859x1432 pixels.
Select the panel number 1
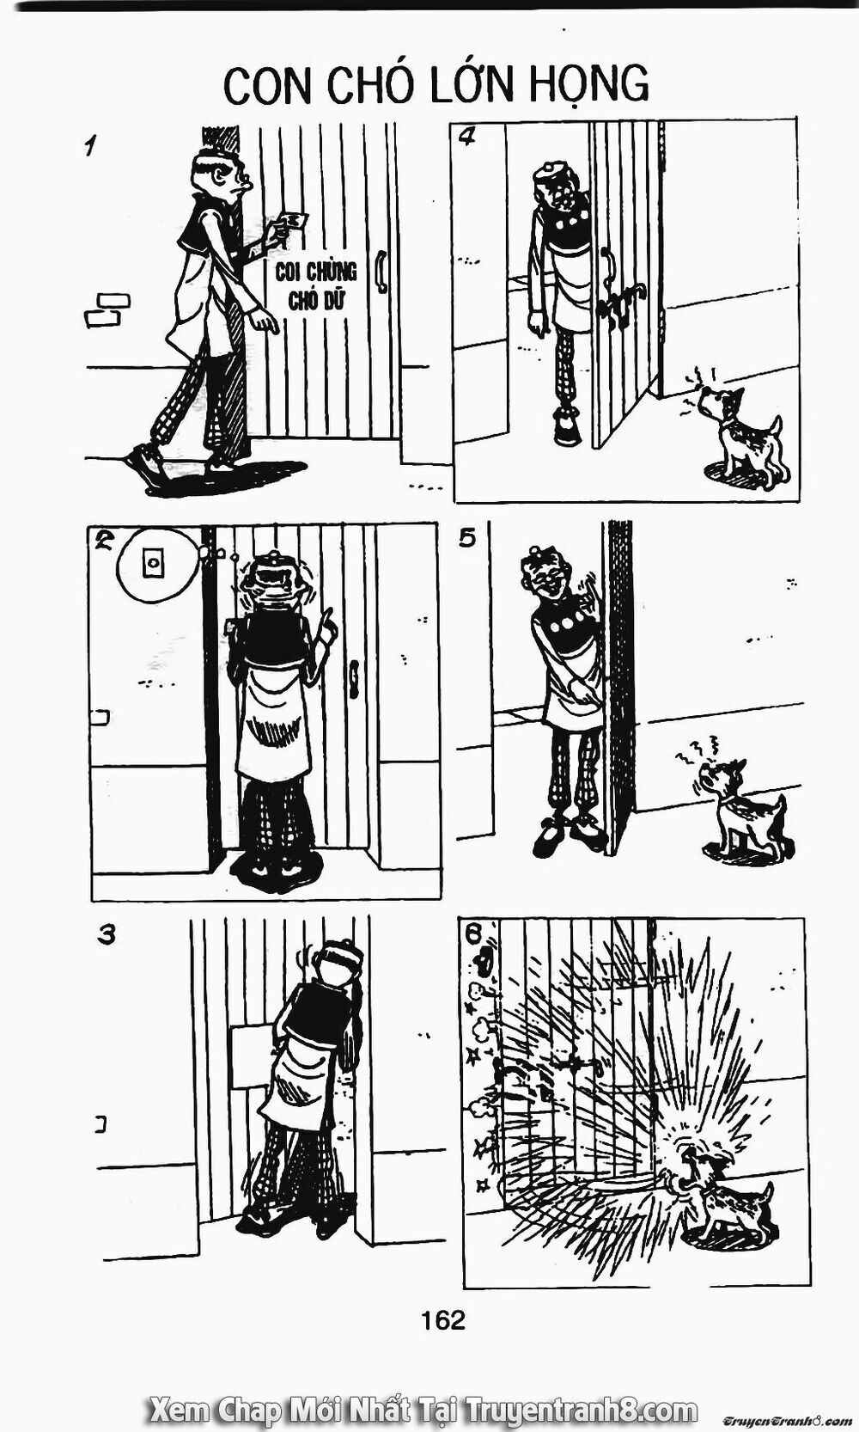[x=89, y=146]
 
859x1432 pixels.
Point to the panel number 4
[x=467, y=138]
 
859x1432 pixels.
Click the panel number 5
[x=466, y=539]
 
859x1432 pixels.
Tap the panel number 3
[x=107, y=934]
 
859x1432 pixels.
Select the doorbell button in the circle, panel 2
[x=154, y=563]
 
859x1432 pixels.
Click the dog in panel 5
[x=740, y=808]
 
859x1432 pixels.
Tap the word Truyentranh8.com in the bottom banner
[x=578, y=1411]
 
